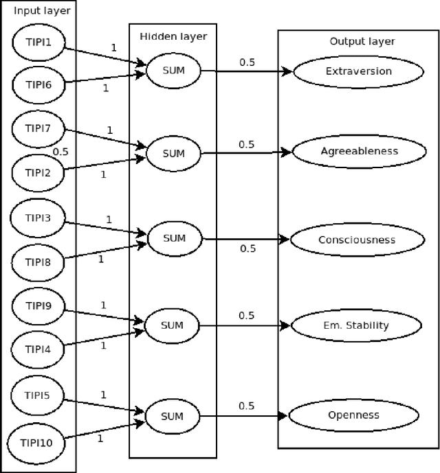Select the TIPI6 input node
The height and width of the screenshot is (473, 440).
[x=38, y=85]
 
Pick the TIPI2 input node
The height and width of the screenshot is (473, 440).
[x=38, y=172]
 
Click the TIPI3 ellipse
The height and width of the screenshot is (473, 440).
[x=38, y=219]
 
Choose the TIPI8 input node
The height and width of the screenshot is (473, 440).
[x=38, y=262]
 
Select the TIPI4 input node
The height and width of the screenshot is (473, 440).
[x=38, y=349]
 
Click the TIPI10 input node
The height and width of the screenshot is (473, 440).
[x=38, y=441]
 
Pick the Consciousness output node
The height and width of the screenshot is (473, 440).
[x=356, y=240]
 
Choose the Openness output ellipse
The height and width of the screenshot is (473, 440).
[x=353, y=415]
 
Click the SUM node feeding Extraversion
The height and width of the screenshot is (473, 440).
[x=173, y=71]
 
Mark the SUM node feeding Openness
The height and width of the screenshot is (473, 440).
[x=172, y=415]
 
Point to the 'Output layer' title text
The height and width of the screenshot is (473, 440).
[x=357, y=41]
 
